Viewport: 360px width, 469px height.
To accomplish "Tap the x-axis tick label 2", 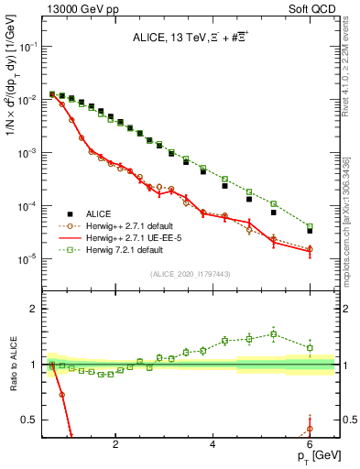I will click(x=115, y=445).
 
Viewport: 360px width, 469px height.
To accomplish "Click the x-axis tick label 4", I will click(x=213, y=445).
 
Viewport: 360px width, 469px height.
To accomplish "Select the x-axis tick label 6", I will click(x=310, y=445).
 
